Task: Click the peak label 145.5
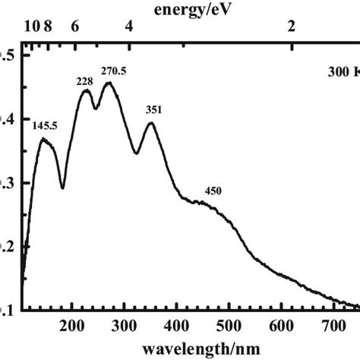click(x=45, y=125)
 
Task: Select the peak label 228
click(x=84, y=81)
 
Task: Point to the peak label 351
click(x=153, y=109)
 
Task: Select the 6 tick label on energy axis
click(x=74, y=27)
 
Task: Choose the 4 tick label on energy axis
click(x=129, y=27)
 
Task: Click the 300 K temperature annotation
click(x=342, y=74)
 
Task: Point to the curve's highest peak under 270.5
click(x=109, y=83)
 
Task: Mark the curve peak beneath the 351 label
click(x=151, y=123)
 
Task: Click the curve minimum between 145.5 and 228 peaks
click(x=62, y=188)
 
